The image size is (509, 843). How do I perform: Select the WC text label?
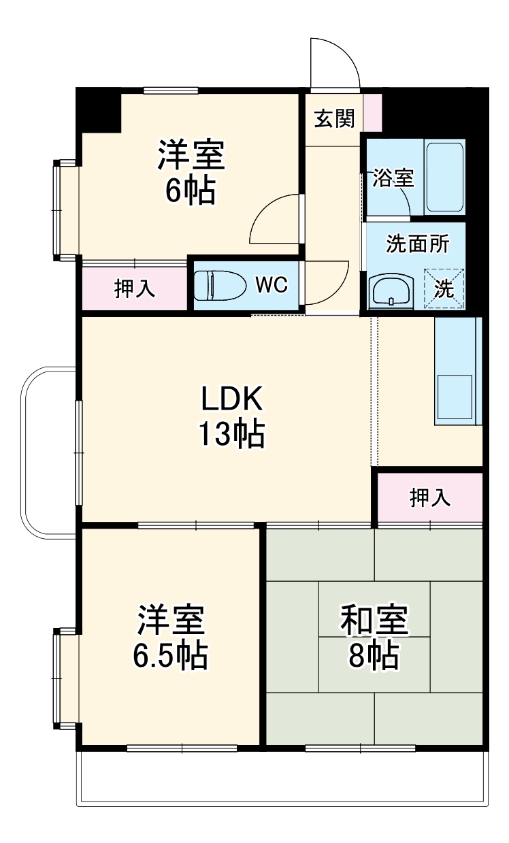(272, 284)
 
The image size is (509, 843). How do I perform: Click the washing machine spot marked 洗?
(444, 288)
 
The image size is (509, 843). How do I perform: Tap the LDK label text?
(231, 399)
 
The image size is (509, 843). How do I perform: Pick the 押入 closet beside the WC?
(135, 288)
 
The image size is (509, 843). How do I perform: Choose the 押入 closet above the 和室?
(429, 497)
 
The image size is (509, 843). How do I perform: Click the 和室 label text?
(374, 621)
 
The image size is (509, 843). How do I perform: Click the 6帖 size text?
(191, 191)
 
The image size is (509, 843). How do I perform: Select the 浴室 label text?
(393, 178)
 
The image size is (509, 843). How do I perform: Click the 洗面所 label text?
(417, 244)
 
